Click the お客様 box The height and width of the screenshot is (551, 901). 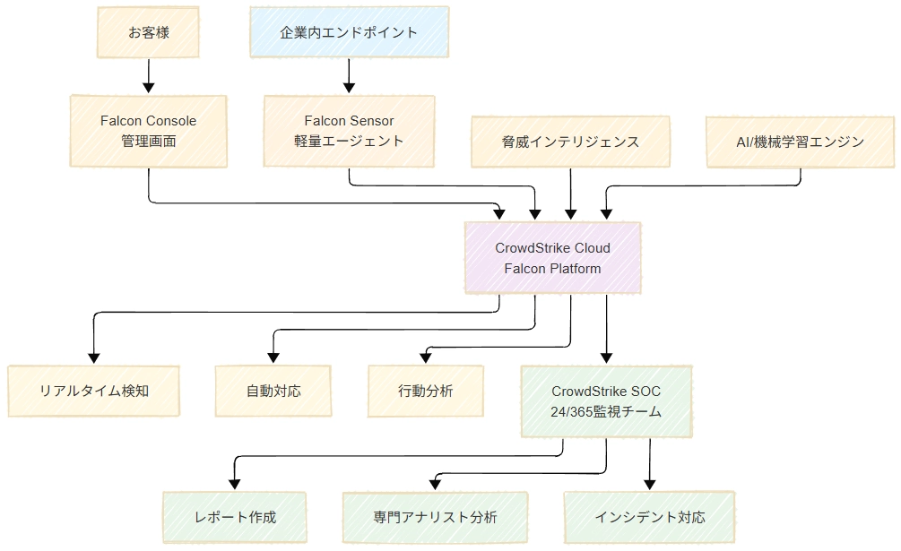[149, 32]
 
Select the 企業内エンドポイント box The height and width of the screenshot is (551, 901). [349, 32]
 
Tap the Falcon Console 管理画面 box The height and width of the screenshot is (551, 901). [149, 131]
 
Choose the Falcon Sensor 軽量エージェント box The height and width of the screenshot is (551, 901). [349, 131]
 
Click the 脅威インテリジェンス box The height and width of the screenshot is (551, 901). [570, 142]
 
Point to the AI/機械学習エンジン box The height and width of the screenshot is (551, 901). [800, 142]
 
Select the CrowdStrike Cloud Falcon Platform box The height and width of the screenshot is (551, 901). [553, 258]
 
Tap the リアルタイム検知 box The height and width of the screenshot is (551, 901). [93, 391]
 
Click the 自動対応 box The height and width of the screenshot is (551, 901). [273, 391]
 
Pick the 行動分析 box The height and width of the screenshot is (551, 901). [425, 391]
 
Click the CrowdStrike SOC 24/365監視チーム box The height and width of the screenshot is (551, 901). [607, 401]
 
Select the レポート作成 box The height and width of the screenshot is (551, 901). [235, 517]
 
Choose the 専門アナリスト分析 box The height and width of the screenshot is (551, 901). [435, 517]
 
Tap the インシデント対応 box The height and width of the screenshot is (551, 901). [649, 517]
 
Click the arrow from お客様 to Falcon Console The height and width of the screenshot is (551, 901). [149, 73]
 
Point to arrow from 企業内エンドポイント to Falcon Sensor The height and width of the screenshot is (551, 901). [349, 73]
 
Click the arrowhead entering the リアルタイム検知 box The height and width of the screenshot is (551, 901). [93, 357]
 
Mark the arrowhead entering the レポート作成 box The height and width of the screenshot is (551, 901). [235, 484]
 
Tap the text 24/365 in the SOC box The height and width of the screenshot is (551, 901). [570, 412]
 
